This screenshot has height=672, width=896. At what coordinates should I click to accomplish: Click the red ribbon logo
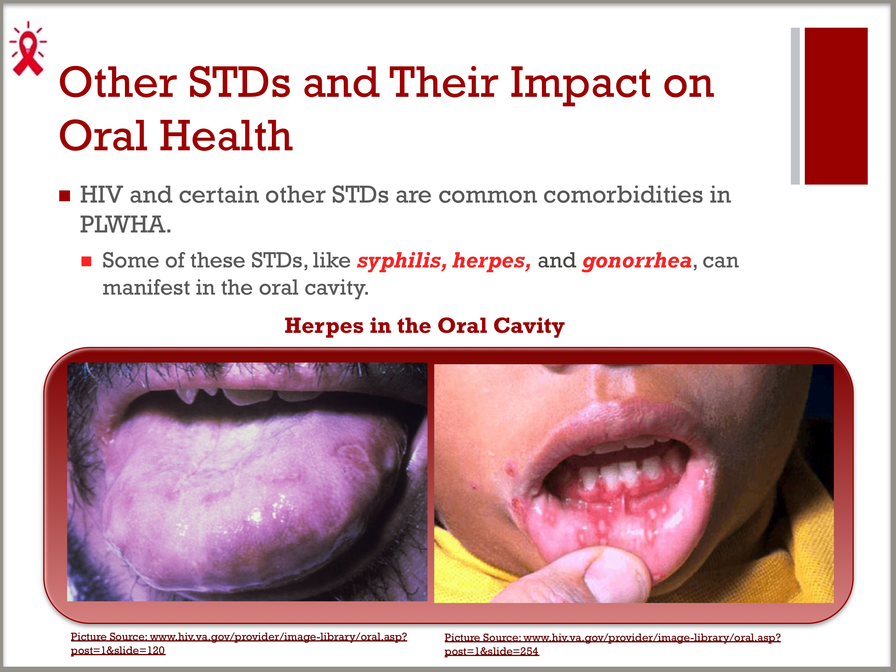[x=27, y=49]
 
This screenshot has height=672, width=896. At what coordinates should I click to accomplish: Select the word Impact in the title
[x=580, y=85]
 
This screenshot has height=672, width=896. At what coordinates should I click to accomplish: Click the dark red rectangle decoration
[x=836, y=106]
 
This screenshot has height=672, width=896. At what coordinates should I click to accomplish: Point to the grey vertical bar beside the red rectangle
[x=795, y=106]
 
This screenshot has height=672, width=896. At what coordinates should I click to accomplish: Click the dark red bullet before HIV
[x=65, y=196]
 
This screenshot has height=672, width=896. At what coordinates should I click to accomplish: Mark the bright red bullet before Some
[x=86, y=261]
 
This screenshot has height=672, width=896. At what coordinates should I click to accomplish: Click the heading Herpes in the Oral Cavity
[x=424, y=326]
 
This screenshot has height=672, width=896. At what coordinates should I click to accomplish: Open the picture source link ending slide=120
[x=239, y=643]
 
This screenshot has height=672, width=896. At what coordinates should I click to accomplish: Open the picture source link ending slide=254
[x=612, y=644]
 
